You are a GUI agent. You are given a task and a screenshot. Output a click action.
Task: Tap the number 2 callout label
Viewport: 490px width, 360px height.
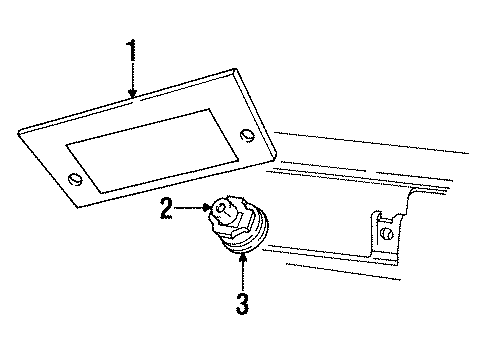tap(167, 209)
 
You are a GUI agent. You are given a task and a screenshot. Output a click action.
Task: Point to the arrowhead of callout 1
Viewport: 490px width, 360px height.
tap(133, 98)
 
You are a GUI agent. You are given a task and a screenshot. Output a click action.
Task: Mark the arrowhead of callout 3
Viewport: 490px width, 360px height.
tap(242, 254)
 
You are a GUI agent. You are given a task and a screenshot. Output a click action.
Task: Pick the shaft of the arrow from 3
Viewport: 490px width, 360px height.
tap(242, 275)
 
